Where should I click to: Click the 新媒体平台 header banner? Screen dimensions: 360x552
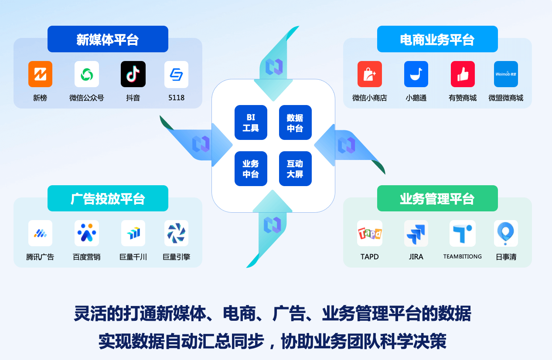pos(108,39)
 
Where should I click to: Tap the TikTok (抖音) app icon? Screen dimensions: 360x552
pos(133,74)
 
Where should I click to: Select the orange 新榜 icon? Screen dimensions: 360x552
pos(40,74)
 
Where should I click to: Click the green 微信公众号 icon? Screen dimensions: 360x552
pos(87,74)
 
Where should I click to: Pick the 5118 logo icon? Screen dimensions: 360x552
pos(176,74)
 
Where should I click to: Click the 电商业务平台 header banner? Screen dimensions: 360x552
pos(437,39)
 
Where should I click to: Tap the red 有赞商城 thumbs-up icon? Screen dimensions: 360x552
pos(463,74)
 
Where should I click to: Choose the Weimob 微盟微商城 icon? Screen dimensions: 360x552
pos(506,74)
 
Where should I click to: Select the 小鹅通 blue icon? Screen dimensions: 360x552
pos(416,74)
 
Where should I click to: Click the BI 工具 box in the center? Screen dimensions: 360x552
pos(251,122)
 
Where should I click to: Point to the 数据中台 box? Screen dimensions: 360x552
pos(295,122)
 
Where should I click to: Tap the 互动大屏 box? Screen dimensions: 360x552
pos(295,169)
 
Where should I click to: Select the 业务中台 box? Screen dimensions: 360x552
pos(251,169)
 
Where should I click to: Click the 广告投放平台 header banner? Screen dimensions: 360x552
pos(108,199)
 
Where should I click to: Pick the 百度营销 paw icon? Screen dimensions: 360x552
pos(87,233)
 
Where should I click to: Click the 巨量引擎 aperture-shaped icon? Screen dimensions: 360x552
pos(176,233)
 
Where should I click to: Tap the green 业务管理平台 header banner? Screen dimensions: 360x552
pos(437,199)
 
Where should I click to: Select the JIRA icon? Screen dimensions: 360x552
pos(416,233)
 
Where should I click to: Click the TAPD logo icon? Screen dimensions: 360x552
pos(370,233)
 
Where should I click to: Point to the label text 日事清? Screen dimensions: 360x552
pos(506,257)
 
